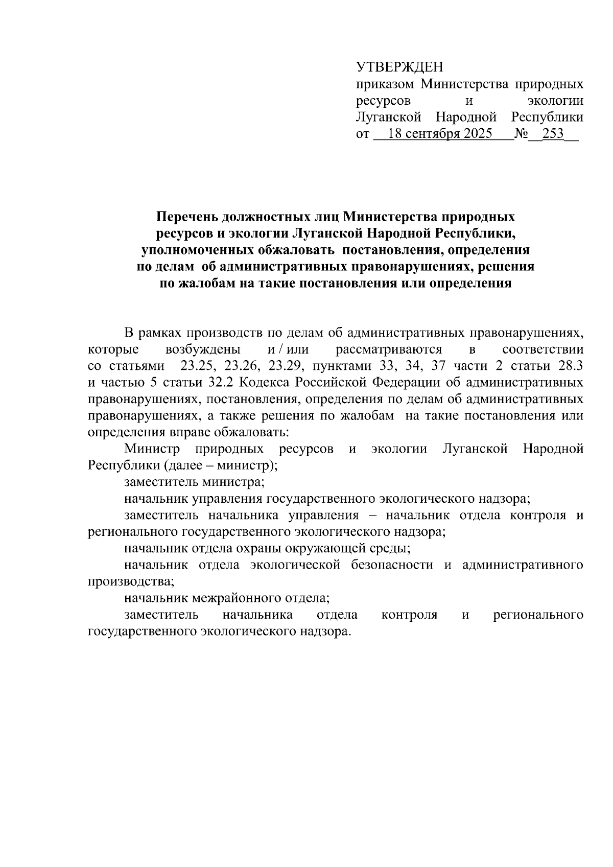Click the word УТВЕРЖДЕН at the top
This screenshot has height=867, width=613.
click(x=399, y=67)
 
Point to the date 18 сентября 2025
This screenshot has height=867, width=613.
click(x=440, y=134)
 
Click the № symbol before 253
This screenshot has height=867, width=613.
click(x=522, y=134)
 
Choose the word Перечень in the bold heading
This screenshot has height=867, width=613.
click(x=187, y=217)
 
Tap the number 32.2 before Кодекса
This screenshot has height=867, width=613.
click(x=221, y=383)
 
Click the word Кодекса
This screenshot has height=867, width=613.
click(x=262, y=383)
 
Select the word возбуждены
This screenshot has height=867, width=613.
click(x=203, y=350)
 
